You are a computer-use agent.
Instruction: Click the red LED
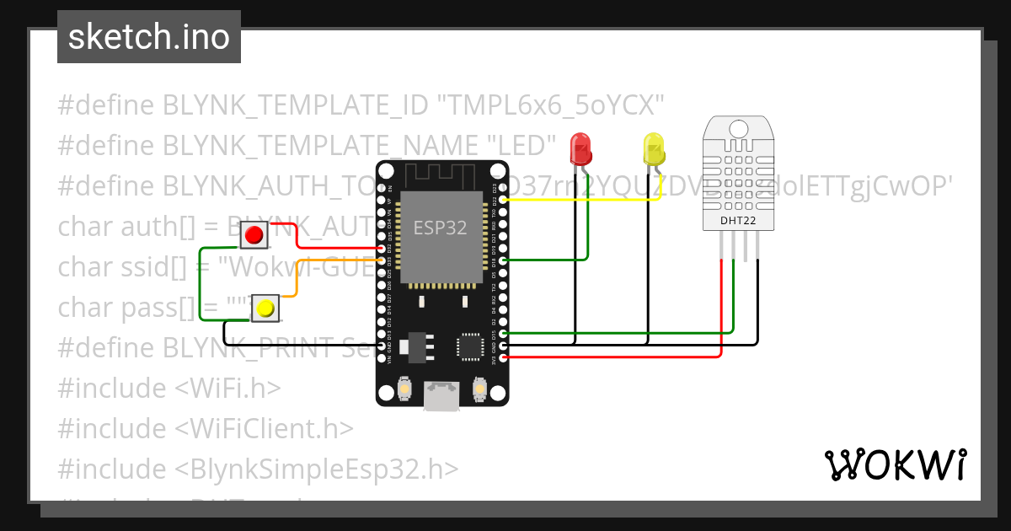[x=580, y=148]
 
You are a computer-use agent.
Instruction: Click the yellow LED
[x=653, y=149]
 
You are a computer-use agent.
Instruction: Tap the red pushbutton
[x=254, y=234]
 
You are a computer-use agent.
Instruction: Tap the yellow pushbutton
[x=265, y=309]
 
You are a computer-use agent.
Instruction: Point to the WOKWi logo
[x=895, y=464]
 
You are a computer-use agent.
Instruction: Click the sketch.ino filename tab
[x=149, y=37]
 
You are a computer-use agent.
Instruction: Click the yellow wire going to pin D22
[x=590, y=201]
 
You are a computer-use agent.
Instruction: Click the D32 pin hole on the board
[x=383, y=249]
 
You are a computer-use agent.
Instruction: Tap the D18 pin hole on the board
[x=503, y=261]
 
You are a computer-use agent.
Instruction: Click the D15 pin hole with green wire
[x=503, y=334]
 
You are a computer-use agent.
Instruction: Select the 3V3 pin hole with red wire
[x=503, y=357]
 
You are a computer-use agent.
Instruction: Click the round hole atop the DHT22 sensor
[x=738, y=128]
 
